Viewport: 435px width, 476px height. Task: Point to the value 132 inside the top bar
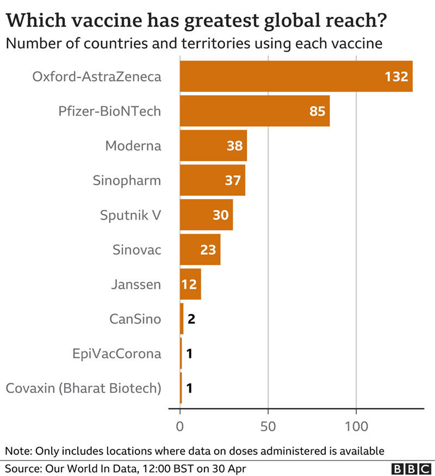click(x=396, y=77)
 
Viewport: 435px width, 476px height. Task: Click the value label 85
click(x=316, y=112)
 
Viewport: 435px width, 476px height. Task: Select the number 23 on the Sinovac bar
click(x=208, y=250)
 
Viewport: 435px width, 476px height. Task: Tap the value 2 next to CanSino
click(x=191, y=319)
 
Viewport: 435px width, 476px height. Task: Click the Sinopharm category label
click(x=127, y=180)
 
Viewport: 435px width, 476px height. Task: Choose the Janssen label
click(x=135, y=284)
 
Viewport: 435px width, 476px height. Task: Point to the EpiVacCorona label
click(x=117, y=354)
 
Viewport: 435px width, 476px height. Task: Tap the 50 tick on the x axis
click(x=268, y=426)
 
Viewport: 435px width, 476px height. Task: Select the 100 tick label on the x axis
click(x=356, y=426)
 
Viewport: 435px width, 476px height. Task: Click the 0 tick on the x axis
click(x=180, y=426)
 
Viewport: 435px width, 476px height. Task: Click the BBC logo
click(x=410, y=468)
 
